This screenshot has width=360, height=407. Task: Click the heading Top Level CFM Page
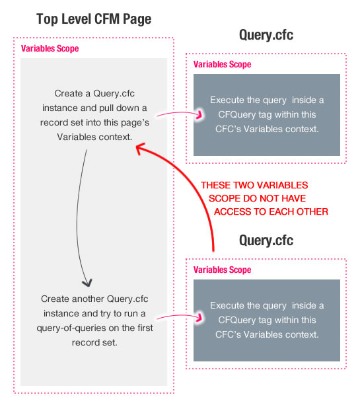(x=94, y=19)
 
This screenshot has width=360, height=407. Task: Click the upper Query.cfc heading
(x=266, y=35)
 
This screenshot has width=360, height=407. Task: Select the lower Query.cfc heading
(x=266, y=240)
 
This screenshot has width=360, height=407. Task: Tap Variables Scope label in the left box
(x=50, y=48)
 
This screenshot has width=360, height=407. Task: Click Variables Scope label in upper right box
(x=222, y=64)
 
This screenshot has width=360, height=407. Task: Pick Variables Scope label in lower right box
(x=222, y=270)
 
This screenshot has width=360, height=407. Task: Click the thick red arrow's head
(x=139, y=149)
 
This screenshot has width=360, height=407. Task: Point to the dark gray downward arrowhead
(x=87, y=283)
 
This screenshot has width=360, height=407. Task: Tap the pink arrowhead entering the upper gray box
(x=199, y=115)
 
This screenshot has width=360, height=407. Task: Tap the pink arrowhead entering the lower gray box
(x=199, y=318)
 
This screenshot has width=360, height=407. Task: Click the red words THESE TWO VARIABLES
(x=254, y=185)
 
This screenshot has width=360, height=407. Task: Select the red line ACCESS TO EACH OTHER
(x=271, y=212)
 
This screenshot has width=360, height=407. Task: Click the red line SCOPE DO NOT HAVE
(x=257, y=199)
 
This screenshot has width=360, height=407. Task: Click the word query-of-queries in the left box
(x=71, y=328)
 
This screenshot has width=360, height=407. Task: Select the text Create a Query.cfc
(x=94, y=93)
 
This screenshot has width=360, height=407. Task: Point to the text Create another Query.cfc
(x=94, y=299)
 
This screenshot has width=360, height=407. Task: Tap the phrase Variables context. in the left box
(x=94, y=137)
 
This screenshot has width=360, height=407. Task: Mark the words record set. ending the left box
(x=94, y=343)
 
